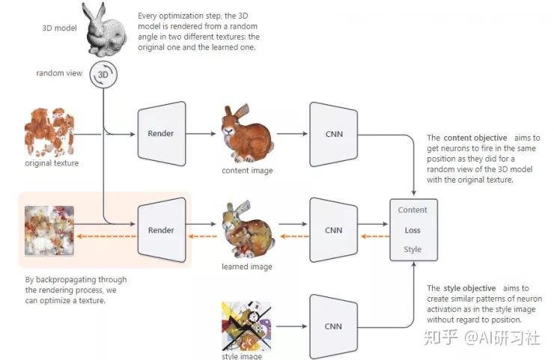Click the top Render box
coord(162,134)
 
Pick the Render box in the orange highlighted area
coord(162,230)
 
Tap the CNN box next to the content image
coord(332,134)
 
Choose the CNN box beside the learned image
coord(332,230)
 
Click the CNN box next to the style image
coord(332,326)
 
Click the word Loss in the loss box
coord(413,231)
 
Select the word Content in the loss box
coord(413,210)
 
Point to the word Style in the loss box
coord(413,249)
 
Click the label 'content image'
coord(247,171)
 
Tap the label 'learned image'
coord(247,266)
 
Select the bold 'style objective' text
coord(469,288)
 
